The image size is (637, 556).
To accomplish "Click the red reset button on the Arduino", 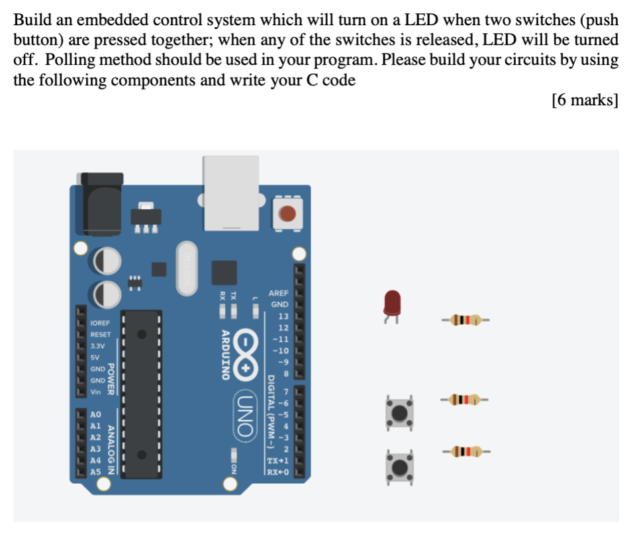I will pos(287,213).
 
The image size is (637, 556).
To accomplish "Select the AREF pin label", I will pos(279,293).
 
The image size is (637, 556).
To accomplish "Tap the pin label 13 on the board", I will pos(283,316).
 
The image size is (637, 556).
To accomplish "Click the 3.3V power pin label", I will pos(97,346).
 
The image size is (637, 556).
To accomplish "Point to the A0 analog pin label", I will pos(95,415).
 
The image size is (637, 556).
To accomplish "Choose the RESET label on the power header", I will pos(100,334).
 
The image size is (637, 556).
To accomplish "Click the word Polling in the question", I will pos(71,61).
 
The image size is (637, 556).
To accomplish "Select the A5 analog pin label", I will pos(95,472).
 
